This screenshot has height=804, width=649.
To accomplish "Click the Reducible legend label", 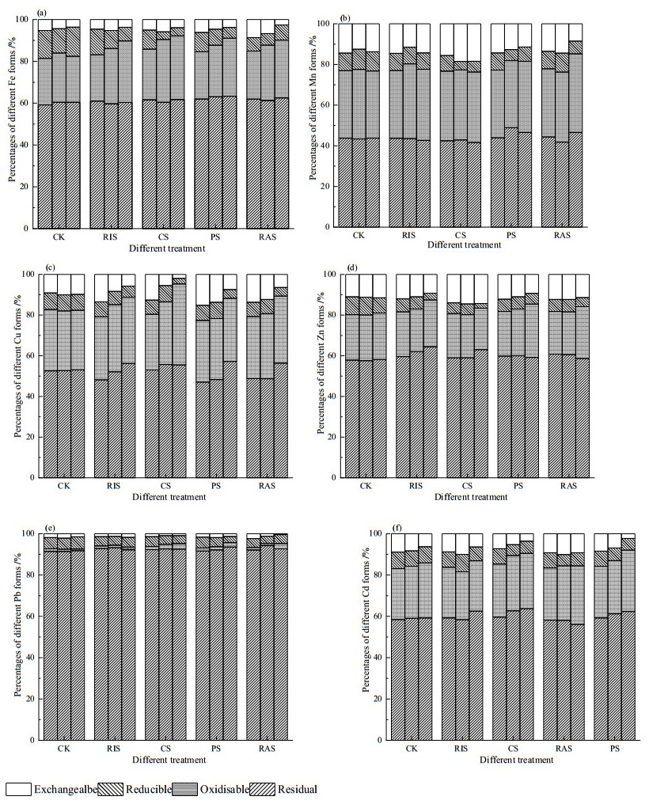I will tap(147, 789).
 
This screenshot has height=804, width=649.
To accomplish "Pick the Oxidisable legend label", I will tap(225, 789).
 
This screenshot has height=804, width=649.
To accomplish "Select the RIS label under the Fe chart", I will tap(111, 237).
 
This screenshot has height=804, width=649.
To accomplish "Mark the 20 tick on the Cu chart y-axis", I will tap(31, 438).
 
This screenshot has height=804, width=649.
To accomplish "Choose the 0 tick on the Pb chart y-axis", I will tap(34, 740).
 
